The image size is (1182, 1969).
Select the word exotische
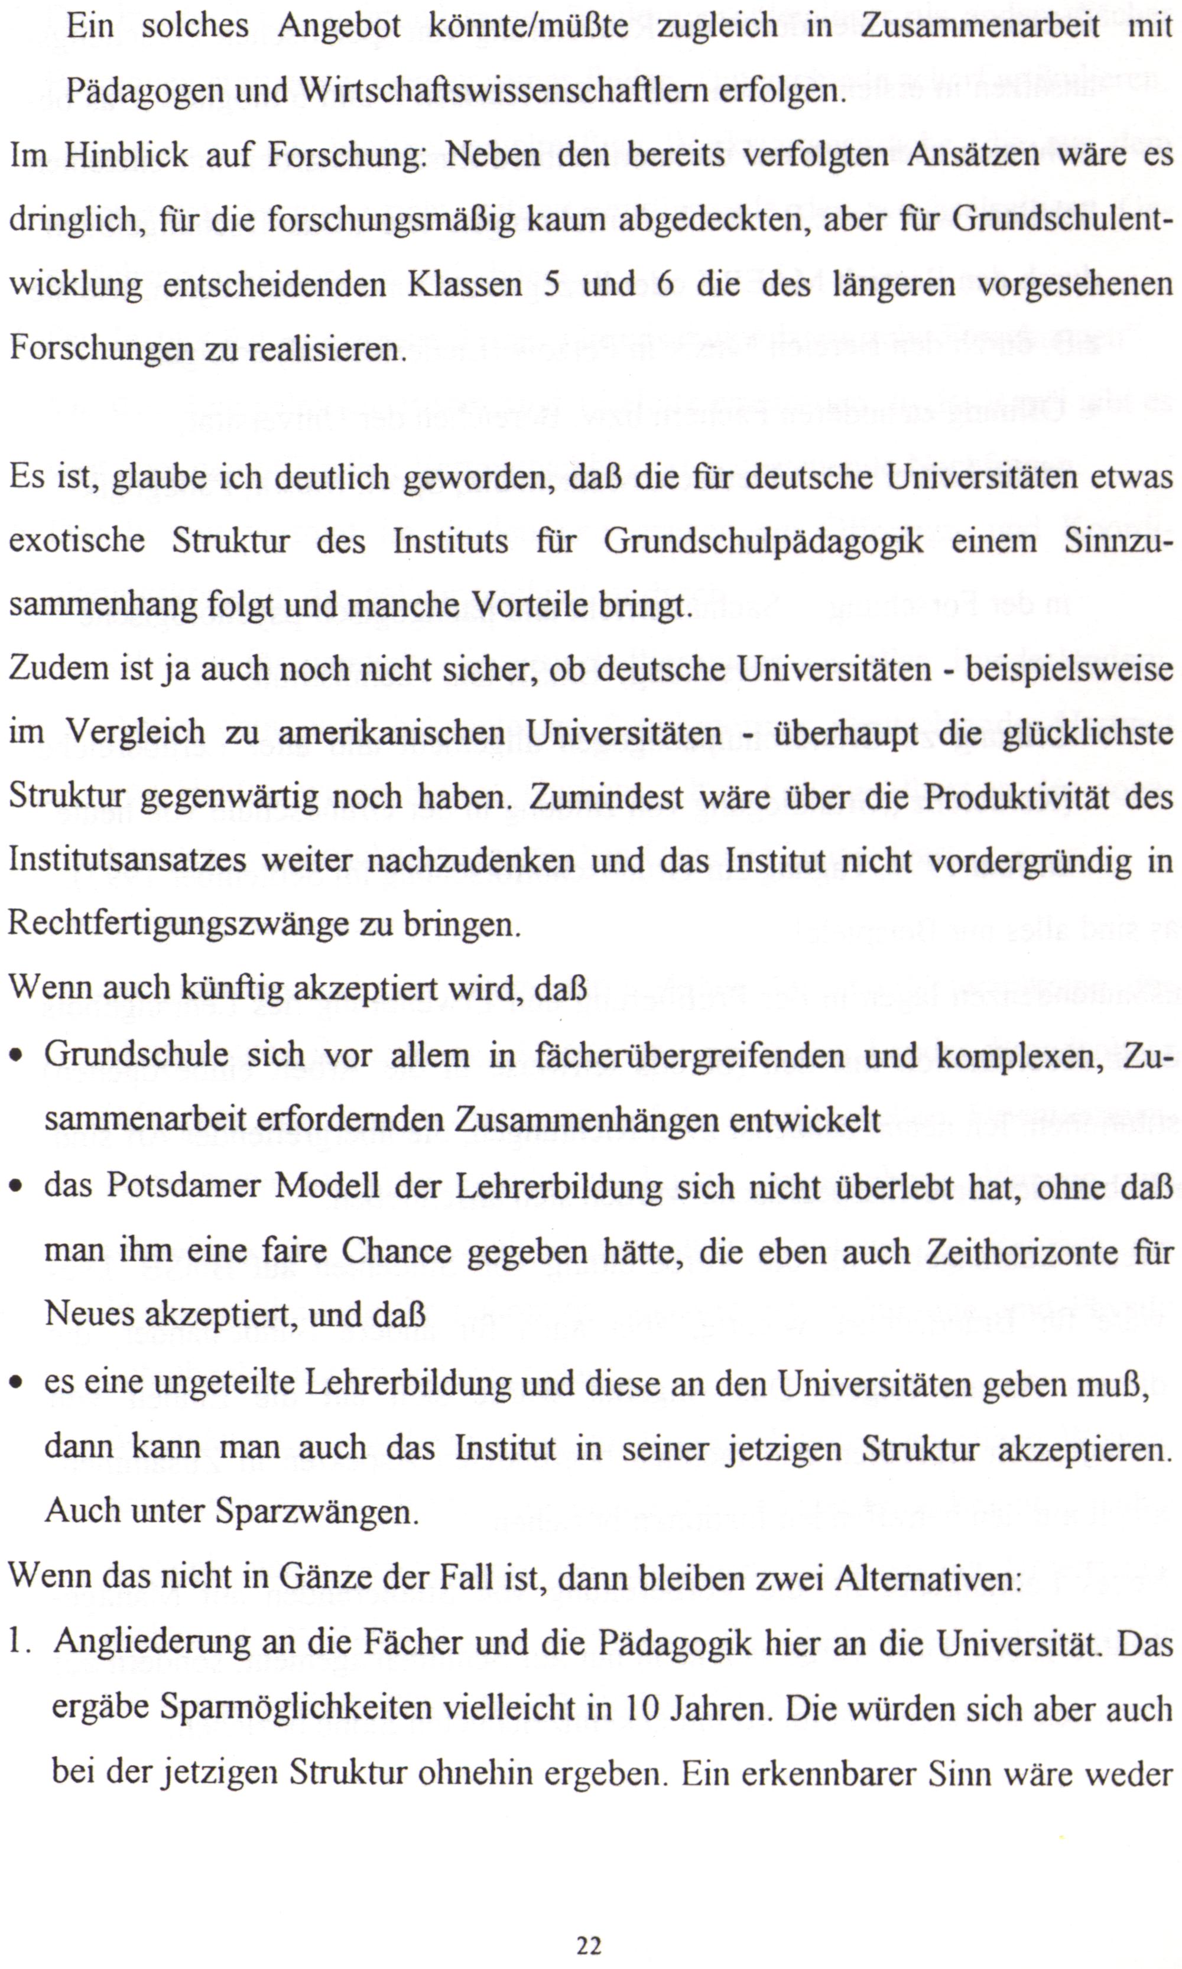pos(77,541)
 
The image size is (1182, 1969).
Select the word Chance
pos(397,1252)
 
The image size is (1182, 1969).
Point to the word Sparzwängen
pos(317,1510)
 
